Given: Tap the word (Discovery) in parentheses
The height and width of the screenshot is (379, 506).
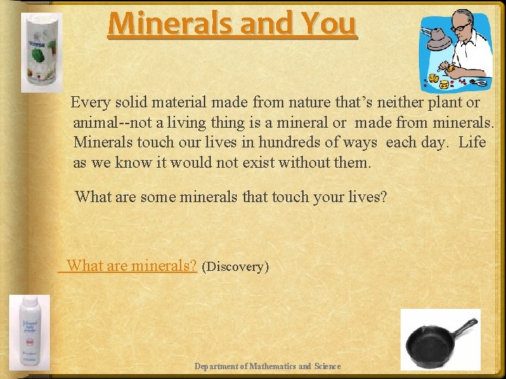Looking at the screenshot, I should pyautogui.click(x=235, y=267).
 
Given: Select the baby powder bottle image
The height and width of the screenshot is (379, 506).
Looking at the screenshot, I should pyautogui.click(x=30, y=332).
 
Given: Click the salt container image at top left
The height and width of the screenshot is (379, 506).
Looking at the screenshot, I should pyautogui.click(x=41, y=52).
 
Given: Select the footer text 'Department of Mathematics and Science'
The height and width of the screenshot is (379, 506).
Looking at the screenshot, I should pyautogui.click(x=267, y=366).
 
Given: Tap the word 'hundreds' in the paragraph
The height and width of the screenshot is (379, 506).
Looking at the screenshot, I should pyautogui.click(x=289, y=142).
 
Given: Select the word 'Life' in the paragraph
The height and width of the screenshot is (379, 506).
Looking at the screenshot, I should pyautogui.click(x=472, y=142).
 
